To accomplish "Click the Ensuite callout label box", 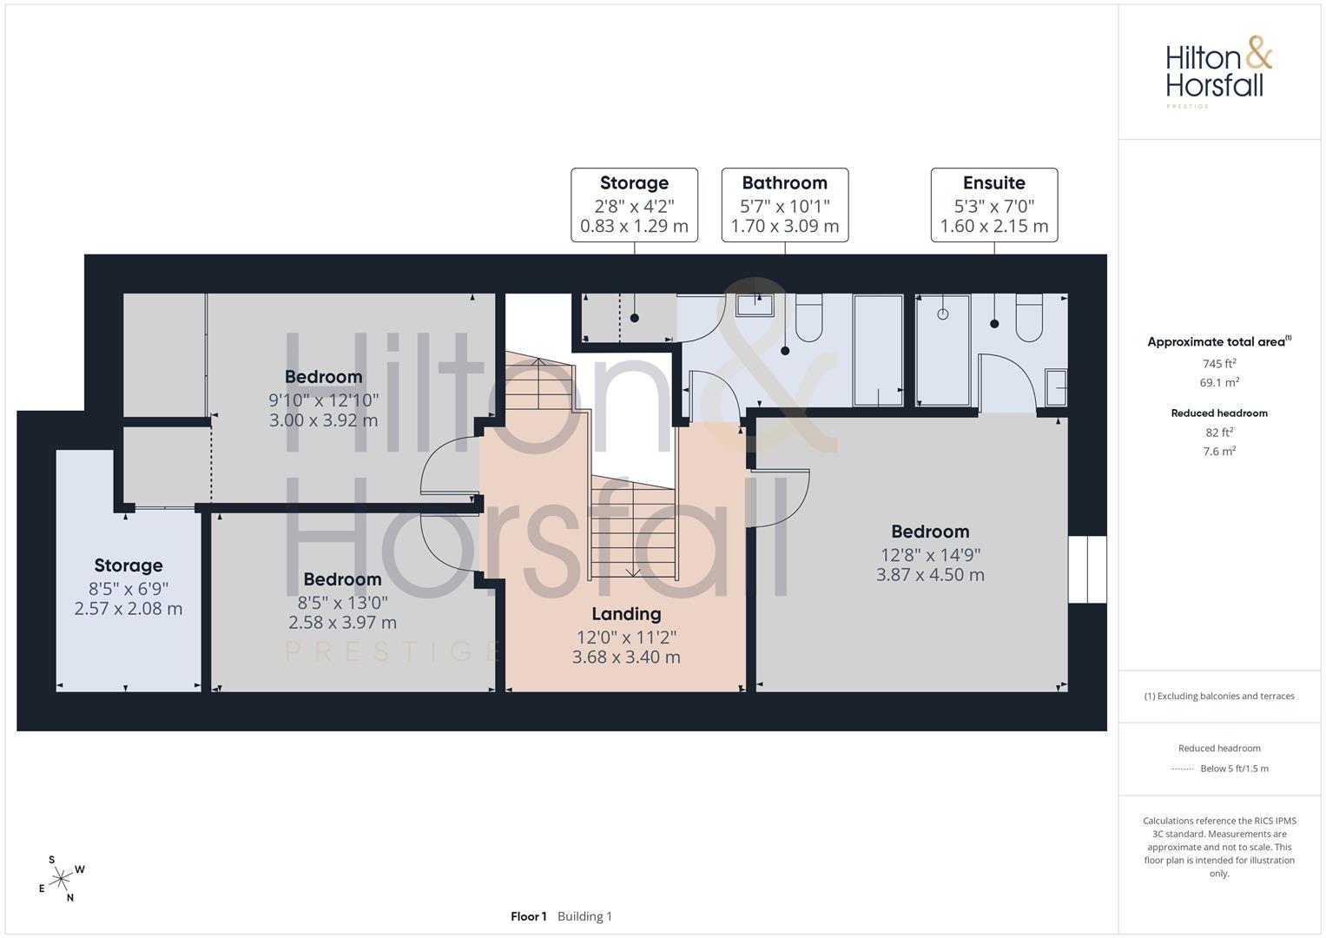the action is click(994, 205).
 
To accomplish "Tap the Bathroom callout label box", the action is click(784, 205).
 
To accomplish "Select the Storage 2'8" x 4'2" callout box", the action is click(634, 205).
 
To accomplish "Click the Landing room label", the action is click(626, 614).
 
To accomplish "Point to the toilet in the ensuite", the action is click(1029, 318).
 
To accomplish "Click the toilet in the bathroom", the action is click(808, 318).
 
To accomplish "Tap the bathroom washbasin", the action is click(754, 305).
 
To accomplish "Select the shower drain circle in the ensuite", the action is click(943, 314).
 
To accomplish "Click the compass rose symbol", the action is click(61, 879).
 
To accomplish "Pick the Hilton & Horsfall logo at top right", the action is click(1218, 71).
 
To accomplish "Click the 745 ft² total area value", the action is click(1219, 364).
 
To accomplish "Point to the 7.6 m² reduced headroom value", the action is click(1219, 452).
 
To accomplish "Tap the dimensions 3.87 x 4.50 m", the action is click(930, 574).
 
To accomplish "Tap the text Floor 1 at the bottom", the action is click(528, 916).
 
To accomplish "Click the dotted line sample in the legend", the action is click(1182, 769).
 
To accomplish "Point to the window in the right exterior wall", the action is click(1087, 569).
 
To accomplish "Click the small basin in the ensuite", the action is click(1056, 388).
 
